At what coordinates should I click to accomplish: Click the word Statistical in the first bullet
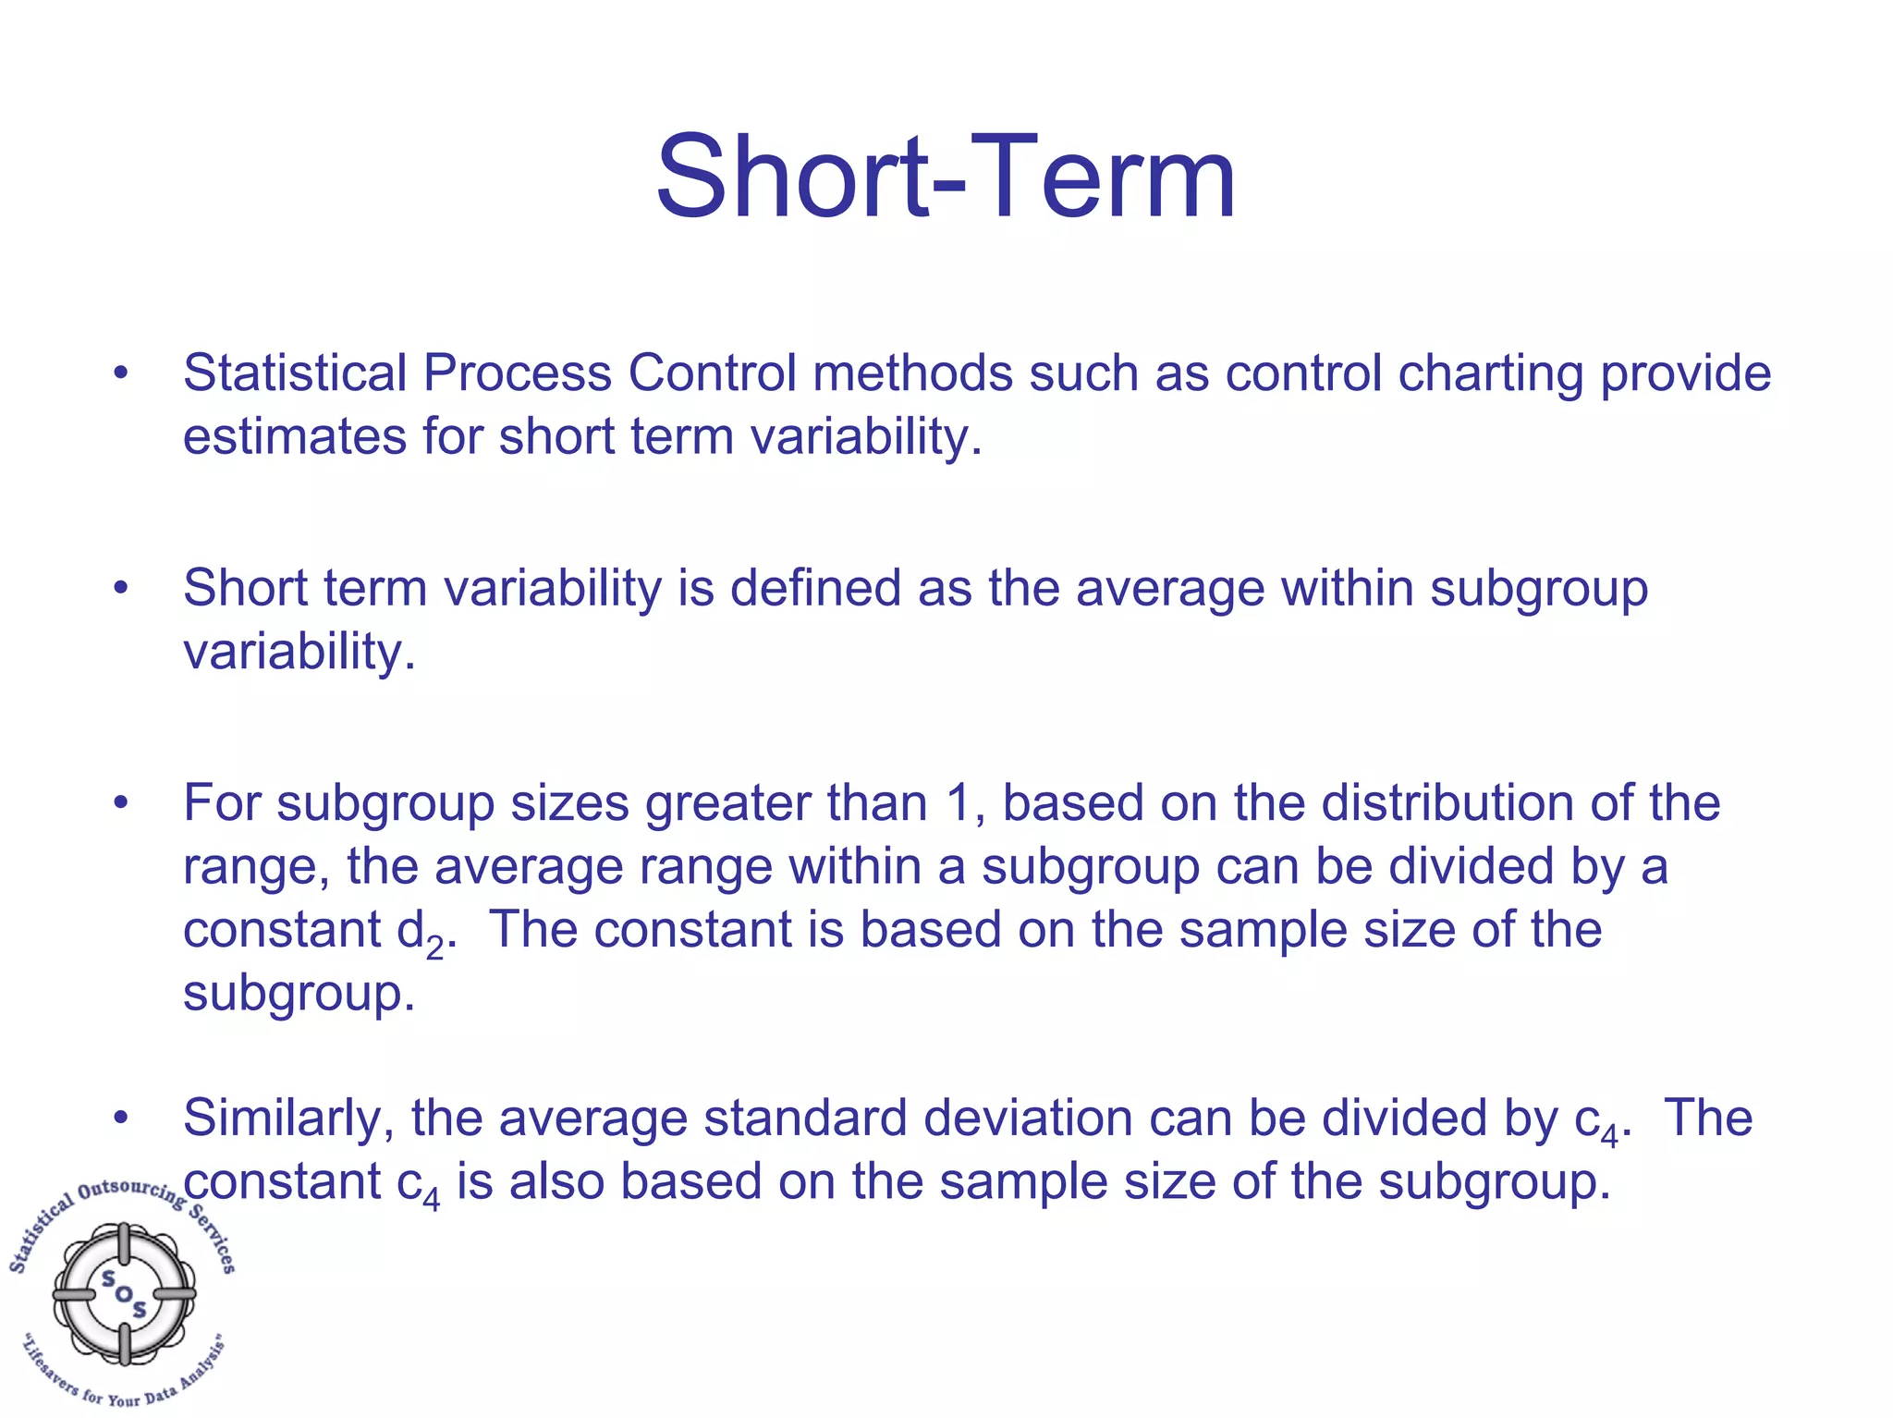(295, 373)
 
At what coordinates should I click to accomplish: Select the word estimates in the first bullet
(295, 436)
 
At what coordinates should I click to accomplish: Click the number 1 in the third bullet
(959, 802)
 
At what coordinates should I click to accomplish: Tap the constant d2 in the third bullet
(421, 932)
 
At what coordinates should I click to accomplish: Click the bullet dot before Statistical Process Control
(120, 374)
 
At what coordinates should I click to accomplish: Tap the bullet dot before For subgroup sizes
(120, 803)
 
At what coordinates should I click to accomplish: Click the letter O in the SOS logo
(124, 1293)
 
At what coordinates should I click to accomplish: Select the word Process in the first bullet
(518, 373)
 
